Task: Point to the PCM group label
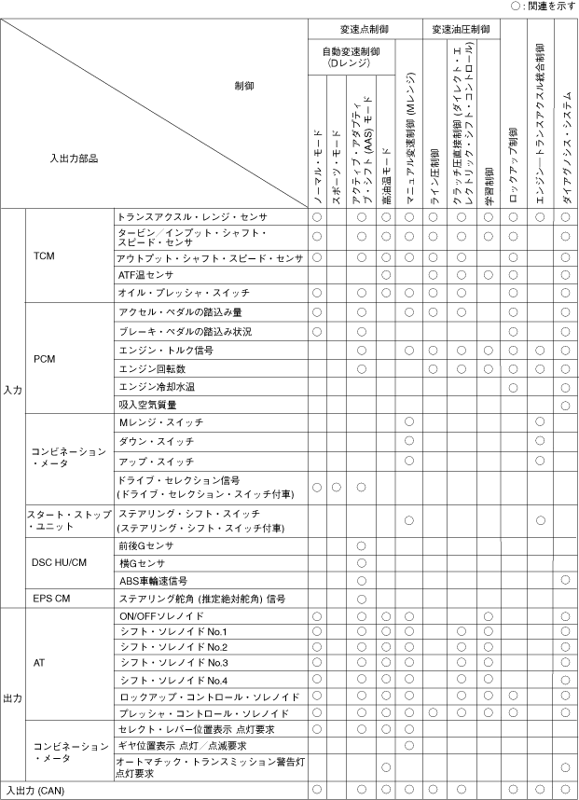click(45, 358)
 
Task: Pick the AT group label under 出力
click(39, 663)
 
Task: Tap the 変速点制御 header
click(365, 30)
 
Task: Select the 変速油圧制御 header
click(461, 30)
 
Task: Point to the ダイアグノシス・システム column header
click(566, 140)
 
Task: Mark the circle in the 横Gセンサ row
click(361, 562)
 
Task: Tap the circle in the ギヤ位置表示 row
click(408, 745)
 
